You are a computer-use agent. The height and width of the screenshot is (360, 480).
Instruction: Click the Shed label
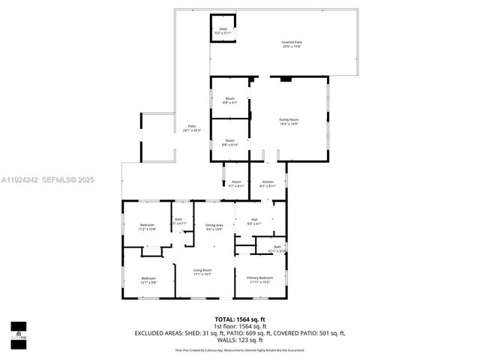click(x=223, y=30)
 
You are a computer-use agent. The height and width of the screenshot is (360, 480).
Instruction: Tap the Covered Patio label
click(x=292, y=43)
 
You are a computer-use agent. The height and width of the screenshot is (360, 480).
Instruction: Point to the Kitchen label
click(x=267, y=181)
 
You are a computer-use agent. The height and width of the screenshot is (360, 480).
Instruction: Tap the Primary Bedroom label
click(x=260, y=277)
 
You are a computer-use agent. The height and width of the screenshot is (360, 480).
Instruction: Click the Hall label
click(x=253, y=220)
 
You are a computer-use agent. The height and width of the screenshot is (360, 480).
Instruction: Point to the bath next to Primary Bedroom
click(x=277, y=247)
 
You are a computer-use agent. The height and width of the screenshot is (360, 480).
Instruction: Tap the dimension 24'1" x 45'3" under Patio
click(x=191, y=130)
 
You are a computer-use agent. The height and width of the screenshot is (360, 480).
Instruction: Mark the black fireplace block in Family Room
click(x=286, y=77)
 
